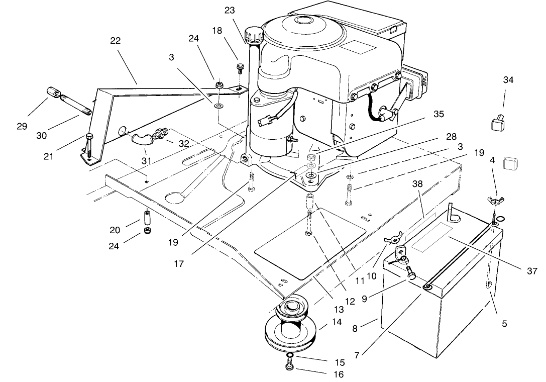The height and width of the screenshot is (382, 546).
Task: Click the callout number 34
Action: pos(508,80)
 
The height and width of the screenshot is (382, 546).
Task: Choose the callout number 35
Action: pos(439,114)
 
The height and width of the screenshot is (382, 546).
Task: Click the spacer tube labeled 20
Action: pos(148,219)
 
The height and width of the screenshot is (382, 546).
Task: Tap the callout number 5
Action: pos(504,324)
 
